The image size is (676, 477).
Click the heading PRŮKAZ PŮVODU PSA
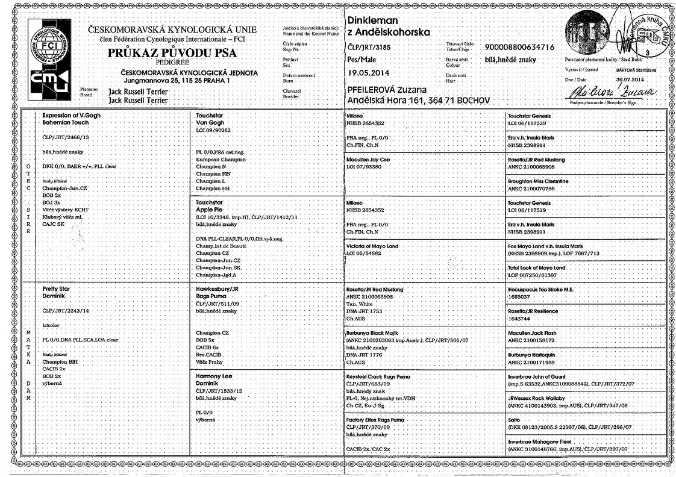pos(172,54)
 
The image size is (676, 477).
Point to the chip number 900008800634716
pos(519,47)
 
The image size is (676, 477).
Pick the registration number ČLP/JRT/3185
pos(373,47)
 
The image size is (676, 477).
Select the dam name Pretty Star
pos(60,288)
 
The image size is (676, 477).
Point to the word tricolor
pos(54,325)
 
